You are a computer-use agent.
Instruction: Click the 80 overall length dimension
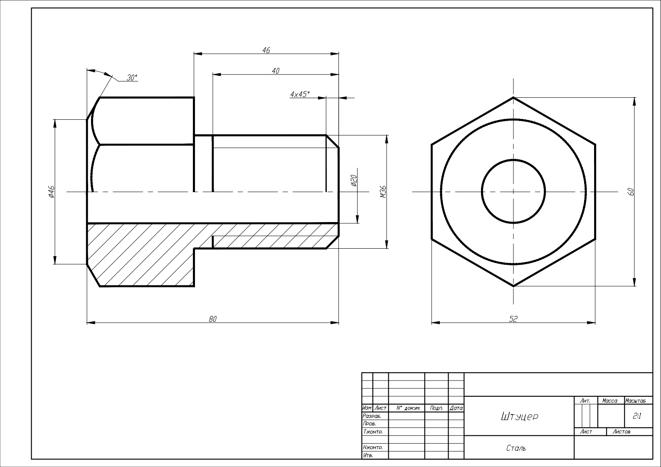click(x=213, y=319)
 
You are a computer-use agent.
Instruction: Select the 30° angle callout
click(x=132, y=78)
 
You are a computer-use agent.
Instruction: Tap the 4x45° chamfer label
click(x=300, y=94)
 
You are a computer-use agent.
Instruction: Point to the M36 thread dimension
click(x=383, y=192)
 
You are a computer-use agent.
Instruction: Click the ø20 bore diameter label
click(x=354, y=180)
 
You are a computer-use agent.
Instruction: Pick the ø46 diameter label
click(x=51, y=192)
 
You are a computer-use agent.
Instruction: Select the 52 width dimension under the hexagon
click(x=513, y=319)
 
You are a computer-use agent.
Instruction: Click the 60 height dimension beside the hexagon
click(x=631, y=192)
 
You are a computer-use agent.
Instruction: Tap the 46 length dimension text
click(x=266, y=50)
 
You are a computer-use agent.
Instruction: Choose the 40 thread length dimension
click(x=275, y=71)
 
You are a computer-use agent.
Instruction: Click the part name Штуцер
click(x=519, y=417)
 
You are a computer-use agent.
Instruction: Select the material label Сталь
click(x=516, y=448)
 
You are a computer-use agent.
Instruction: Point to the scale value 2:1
click(x=637, y=416)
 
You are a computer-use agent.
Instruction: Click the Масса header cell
click(x=609, y=400)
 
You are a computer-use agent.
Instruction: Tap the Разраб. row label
click(x=372, y=416)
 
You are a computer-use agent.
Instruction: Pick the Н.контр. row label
click(x=373, y=447)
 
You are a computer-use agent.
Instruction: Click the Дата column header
click(x=456, y=408)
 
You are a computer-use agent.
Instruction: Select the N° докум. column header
click(x=408, y=408)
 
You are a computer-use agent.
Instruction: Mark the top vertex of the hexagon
click(x=513, y=97)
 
